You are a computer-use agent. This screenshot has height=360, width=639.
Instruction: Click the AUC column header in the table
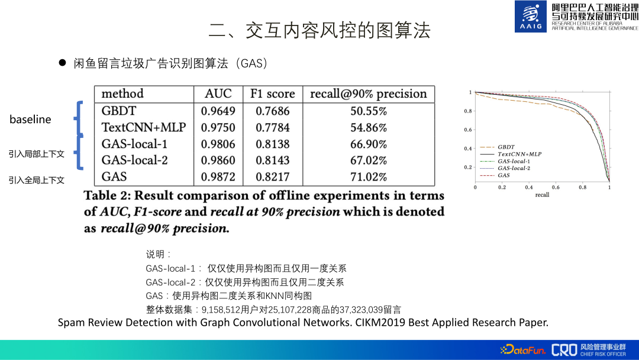tap(218, 94)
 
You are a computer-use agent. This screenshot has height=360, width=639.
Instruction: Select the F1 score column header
tap(272, 94)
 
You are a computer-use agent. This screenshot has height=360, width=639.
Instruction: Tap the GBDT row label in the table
tap(118, 111)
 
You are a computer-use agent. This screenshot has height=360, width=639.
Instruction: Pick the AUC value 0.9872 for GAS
tap(218, 176)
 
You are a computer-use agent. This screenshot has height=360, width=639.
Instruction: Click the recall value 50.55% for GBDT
tap(368, 111)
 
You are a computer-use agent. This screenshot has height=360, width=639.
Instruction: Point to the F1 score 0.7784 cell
tap(272, 127)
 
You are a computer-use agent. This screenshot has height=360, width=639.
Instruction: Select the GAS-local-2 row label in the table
tap(134, 160)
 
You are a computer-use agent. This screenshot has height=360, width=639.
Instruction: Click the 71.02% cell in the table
tap(368, 176)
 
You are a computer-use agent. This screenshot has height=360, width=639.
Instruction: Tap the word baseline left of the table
tap(30, 120)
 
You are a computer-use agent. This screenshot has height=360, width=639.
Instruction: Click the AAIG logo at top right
tap(531, 17)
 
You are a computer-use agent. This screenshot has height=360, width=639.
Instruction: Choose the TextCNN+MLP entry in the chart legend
tap(519, 154)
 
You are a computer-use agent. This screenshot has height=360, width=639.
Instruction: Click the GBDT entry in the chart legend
tap(506, 146)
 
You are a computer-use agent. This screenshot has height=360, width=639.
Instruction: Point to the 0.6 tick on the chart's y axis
tap(468, 130)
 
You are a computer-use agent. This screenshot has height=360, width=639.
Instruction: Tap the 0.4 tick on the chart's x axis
tap(529, 187)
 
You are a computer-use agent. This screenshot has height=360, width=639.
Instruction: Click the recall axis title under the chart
tap(542, 194)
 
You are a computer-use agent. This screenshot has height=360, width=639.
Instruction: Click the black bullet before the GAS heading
tap(62, 63)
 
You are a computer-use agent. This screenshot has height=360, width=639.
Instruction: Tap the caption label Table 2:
tap(107, 195)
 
